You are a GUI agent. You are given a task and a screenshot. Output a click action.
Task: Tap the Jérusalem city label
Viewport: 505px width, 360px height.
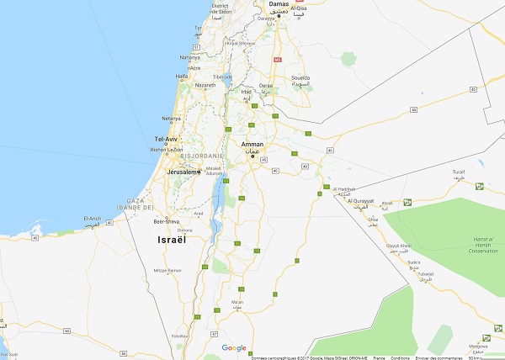click(181, 172)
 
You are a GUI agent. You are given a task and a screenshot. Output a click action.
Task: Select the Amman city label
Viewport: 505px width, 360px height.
click(252, 145)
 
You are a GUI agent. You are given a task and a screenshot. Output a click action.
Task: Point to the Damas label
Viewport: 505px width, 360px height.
click(279, 4)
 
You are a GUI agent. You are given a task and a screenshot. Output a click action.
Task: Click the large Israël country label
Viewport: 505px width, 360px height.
click(175, 240)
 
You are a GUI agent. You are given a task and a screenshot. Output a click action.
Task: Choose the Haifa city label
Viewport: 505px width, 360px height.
click(182, 76)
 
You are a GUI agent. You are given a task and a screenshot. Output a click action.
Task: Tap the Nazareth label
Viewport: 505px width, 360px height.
click(205, 86)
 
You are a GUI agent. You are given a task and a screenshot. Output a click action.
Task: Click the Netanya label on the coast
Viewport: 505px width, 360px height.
click(172, 119)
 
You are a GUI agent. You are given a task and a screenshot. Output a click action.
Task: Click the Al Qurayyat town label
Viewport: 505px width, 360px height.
click(362, 201)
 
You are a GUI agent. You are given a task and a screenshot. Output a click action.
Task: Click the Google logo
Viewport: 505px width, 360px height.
click(234, 347)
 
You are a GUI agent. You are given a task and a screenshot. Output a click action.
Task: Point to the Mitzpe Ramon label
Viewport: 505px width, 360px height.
click(167, 270)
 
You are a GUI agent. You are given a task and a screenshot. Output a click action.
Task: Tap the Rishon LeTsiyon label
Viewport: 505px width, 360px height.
click(165, 149)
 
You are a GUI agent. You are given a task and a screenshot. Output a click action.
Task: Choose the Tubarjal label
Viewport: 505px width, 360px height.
click(424, 273)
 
